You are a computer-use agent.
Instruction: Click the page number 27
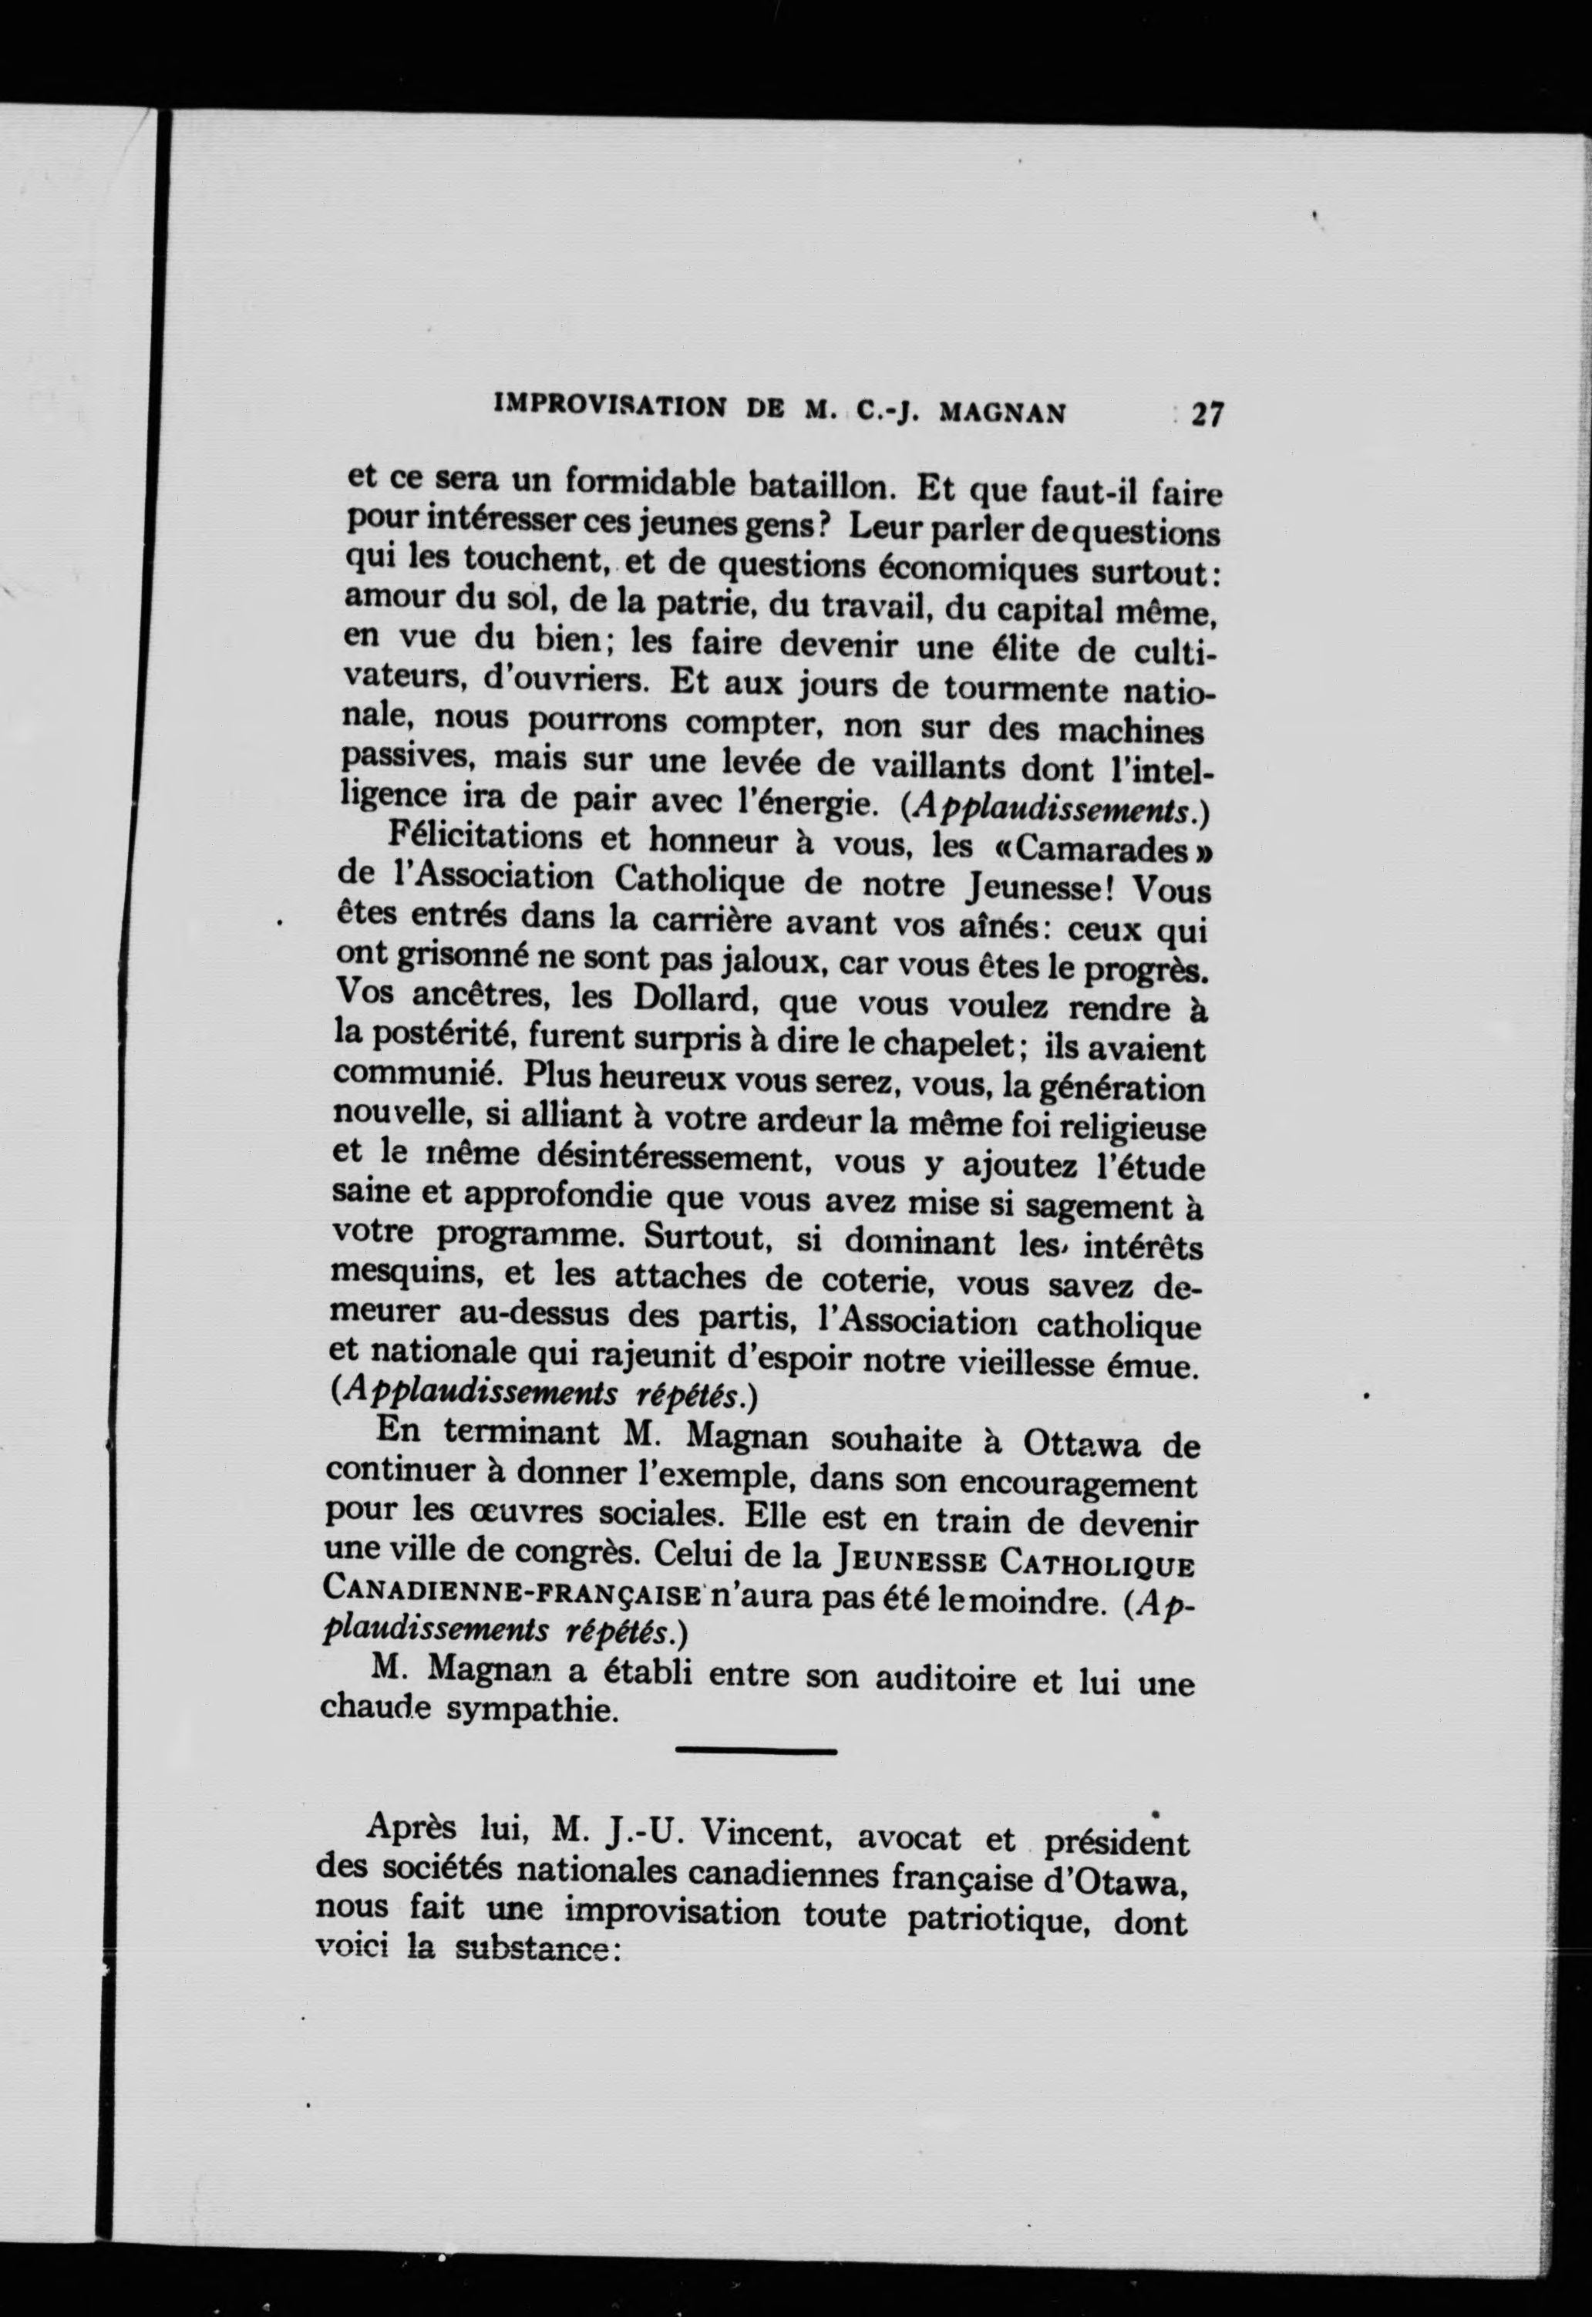pyautogui.click(x=1206, y=414)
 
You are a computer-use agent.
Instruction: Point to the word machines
pyautogui.click(x=1130, y=730)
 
